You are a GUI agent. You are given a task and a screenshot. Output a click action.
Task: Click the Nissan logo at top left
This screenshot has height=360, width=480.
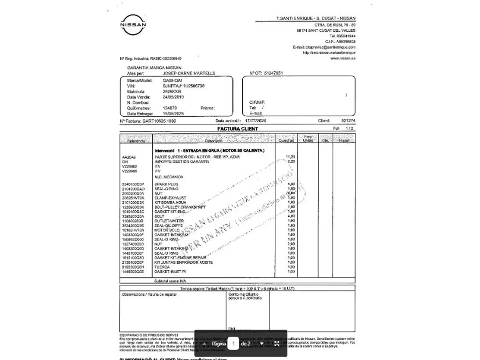133,25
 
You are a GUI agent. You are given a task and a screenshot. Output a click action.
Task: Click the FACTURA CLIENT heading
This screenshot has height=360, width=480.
237,129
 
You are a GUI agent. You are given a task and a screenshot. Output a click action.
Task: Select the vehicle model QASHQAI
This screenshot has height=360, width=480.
172,81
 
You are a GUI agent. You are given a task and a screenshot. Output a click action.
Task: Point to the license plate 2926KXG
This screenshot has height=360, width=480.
172,91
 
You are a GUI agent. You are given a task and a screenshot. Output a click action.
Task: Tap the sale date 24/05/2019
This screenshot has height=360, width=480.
173,97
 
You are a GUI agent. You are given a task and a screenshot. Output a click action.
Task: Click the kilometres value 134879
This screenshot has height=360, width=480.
170,108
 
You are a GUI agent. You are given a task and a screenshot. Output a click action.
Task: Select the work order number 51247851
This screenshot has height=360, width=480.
273,73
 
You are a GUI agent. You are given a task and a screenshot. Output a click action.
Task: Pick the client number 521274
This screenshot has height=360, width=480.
348,121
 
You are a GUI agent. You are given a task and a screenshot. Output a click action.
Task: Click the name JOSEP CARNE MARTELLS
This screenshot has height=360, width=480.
189,73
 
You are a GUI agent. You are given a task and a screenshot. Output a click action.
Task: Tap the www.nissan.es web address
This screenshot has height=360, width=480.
343,58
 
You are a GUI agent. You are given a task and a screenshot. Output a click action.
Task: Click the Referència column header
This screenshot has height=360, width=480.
136,141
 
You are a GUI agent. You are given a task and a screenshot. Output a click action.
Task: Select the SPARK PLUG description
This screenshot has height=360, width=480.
166,184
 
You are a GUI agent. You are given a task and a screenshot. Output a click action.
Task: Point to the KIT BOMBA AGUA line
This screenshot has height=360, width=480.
170,203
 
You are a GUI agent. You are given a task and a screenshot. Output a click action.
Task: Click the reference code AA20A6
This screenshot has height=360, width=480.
129,157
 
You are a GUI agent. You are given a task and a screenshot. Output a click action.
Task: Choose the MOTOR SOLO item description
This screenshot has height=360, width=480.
167,230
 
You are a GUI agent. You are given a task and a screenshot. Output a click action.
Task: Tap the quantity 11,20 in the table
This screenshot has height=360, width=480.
290,157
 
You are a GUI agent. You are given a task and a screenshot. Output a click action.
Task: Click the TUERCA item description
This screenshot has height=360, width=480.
162,267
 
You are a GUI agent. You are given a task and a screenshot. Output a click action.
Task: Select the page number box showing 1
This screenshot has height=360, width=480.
233,344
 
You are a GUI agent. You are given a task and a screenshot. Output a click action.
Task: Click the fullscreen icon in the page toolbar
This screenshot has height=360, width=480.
277,344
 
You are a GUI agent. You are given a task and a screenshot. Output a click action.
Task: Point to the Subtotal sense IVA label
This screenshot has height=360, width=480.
170,281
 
